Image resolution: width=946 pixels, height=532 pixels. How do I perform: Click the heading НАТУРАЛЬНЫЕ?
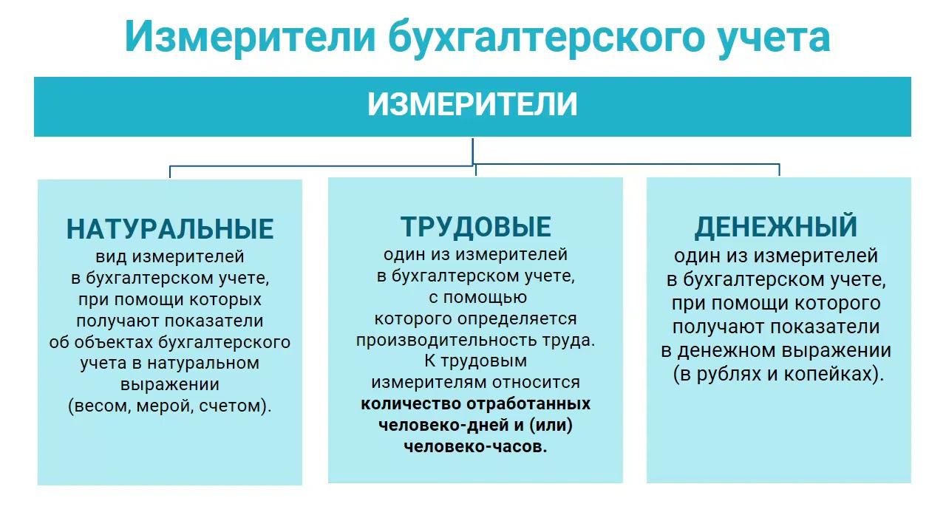[170, 229]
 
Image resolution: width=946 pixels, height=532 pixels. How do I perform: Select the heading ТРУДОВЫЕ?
[475, 227]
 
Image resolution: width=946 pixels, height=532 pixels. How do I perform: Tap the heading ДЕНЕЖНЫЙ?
[775, 227]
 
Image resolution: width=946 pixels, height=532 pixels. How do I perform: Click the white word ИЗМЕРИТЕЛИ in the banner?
[472, 106]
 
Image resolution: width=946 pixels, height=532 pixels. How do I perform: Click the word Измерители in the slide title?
[249, 36]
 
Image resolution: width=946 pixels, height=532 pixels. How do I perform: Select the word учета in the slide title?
[786, 36]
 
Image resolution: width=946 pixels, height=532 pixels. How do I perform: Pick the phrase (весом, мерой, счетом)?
[170, 406]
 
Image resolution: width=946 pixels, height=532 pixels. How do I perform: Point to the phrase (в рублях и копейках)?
[778, 373]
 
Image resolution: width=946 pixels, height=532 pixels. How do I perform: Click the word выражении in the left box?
[170, 384]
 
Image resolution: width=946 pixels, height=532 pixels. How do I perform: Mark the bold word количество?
[409, 404]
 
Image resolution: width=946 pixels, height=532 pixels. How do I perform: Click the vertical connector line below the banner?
[472, 150]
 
